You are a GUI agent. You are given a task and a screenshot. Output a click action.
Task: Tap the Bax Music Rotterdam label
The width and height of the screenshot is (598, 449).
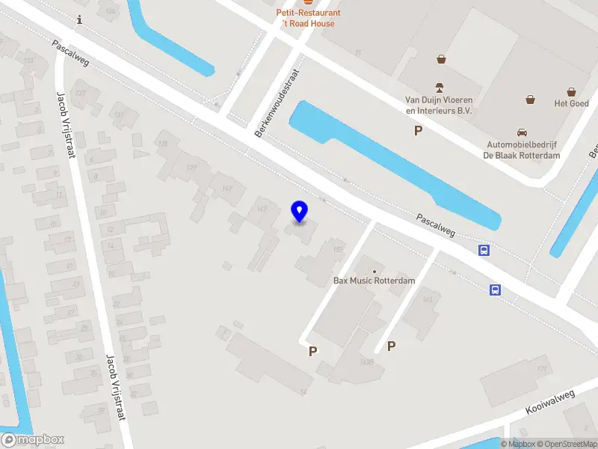374,281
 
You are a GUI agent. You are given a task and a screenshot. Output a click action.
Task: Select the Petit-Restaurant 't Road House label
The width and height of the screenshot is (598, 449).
308,18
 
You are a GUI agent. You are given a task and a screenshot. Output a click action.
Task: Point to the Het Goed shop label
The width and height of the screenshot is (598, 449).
570,103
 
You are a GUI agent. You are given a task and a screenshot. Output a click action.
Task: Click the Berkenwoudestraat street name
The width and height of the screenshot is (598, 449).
277,103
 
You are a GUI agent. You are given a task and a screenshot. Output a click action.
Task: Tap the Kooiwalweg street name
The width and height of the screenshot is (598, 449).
549,402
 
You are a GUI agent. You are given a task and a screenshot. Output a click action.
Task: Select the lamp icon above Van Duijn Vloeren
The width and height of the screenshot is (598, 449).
440,86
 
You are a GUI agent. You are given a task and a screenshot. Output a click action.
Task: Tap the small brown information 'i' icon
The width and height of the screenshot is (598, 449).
79,22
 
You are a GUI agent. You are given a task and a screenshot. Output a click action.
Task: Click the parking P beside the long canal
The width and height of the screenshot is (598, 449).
419,131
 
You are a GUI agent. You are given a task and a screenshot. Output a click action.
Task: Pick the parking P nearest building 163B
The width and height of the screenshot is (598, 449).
390,346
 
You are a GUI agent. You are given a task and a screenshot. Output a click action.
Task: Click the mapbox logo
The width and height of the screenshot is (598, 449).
33,439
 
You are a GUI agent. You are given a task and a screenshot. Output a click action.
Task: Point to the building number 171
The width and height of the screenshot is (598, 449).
542,370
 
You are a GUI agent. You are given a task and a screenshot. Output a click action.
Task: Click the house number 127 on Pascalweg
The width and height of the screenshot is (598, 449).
80,93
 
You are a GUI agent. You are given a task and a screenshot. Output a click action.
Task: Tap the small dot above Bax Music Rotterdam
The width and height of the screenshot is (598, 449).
374,269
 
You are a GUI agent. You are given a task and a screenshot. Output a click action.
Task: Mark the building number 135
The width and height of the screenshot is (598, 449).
162,142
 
